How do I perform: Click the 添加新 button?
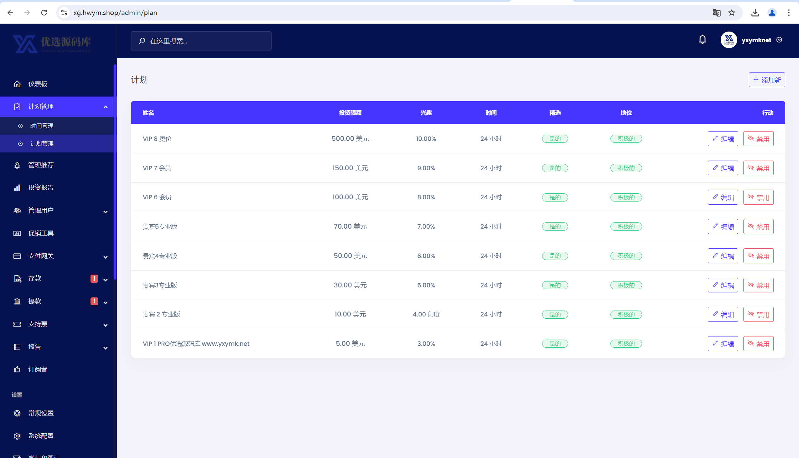point(767,80)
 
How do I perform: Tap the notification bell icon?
point(703,40)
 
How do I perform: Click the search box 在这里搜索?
point(201,41)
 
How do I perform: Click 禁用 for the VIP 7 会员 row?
point(758,168)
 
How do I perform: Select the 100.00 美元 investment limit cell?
point(350,197)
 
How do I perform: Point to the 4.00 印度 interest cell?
point(426,314)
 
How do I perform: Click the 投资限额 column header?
point(350,112)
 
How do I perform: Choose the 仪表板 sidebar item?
point(38,84)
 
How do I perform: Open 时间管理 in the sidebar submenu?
point(42,126)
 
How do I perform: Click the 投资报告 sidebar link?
point(41,187)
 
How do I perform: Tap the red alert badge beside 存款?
point(94,279)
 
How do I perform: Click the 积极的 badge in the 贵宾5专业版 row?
point(626,227)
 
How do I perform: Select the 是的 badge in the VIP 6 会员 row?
point(555,197)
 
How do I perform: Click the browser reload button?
point(44,12)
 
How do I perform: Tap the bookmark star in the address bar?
point(732,12)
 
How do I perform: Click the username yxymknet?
point(756,40)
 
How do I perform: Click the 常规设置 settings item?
point(41,413)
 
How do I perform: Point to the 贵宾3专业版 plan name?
point(160,285)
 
